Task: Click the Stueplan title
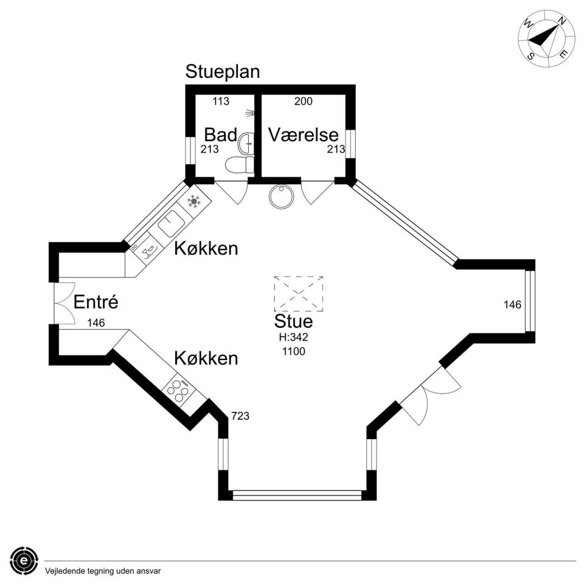point(223,72)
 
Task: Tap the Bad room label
point(220,134)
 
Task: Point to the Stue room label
point(293,321)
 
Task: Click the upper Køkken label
point(206,248)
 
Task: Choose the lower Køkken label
point(206,358)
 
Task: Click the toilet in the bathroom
point(239,164)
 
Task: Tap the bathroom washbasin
point(246,144)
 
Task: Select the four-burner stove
point(178,390)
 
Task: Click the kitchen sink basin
point(170,224)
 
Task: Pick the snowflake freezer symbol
point(193,201)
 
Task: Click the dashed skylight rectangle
point(298,293)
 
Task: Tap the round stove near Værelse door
point(281,196)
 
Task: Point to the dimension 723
point(240,416)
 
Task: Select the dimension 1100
point(293,351)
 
